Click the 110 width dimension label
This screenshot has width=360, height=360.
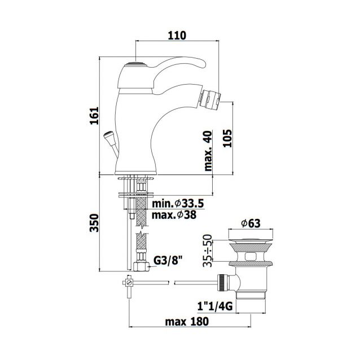(177, 36)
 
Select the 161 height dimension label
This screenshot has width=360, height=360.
(94, 116)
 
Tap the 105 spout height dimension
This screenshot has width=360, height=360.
(227, 138)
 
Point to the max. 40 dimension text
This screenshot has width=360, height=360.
(208, 151)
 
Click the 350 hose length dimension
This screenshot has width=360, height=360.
(94, 223)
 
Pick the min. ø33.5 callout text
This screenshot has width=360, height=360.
(178, 203)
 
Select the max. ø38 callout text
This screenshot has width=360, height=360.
(174, 215)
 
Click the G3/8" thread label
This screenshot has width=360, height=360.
(168, 260)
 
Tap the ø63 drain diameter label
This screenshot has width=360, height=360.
(251, 223)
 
